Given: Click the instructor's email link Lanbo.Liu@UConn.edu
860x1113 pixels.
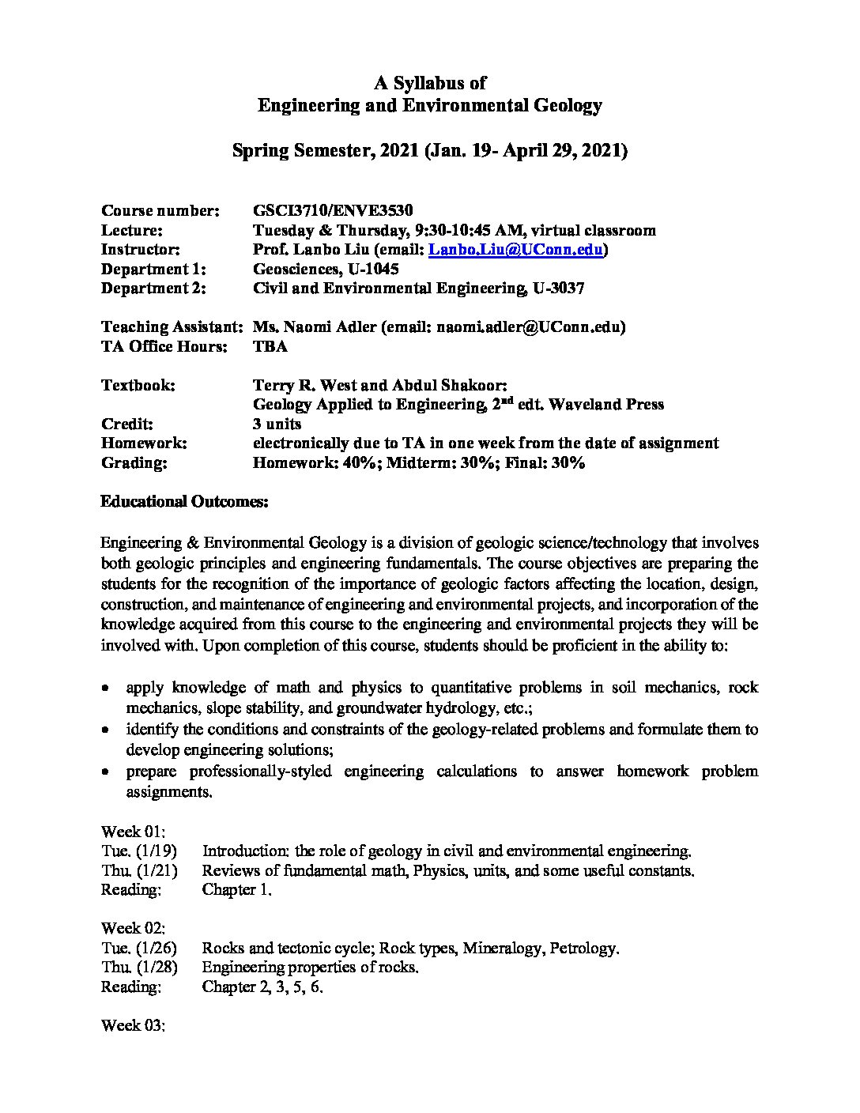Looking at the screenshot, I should point(516,250).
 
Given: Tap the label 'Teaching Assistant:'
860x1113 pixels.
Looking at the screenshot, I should point(171,326).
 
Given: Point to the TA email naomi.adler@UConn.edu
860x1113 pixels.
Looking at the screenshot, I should point(529,326).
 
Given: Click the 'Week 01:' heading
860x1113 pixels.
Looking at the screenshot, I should point(133,832).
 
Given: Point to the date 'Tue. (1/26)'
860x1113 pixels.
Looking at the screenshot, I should point(139,948).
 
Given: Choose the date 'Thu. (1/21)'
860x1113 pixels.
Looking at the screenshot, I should point(139,870).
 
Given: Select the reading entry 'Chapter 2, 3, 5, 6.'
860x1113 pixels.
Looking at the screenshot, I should point(262,987).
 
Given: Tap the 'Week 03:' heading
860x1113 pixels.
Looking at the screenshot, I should point(133,1025).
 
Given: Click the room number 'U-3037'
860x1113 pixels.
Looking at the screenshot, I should point(558,289).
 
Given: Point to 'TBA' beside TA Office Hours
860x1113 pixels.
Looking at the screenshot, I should point(270,346).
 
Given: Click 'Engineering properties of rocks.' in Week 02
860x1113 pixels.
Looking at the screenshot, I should point(310,967).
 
